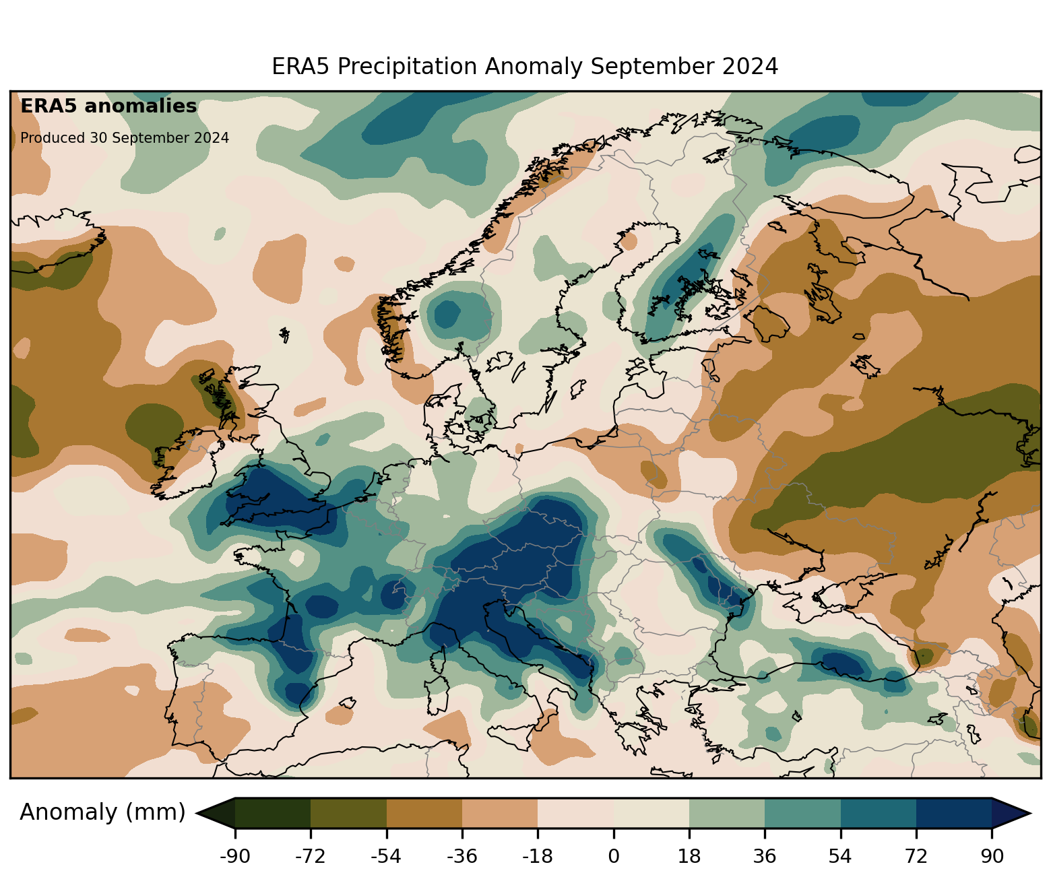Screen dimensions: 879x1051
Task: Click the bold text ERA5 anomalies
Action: (108, 106)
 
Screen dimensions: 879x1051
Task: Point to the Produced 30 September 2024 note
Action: (125, 138)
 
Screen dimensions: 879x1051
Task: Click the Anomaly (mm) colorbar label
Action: (102, 812)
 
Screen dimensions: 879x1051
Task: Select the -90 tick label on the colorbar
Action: (235, 857)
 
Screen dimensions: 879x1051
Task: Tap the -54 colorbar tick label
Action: (386, 857)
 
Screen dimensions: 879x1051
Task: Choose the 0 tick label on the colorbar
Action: (613, 857)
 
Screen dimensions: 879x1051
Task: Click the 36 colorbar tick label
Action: (765, 857)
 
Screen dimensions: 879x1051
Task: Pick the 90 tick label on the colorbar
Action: (992, 857)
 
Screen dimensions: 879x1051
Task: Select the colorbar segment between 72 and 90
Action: (954, 813)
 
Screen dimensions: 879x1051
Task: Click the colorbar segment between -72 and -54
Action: (348, 813)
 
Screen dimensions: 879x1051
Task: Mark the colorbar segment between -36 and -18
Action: (500, 813)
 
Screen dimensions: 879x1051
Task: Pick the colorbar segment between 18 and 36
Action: (727, 813)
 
